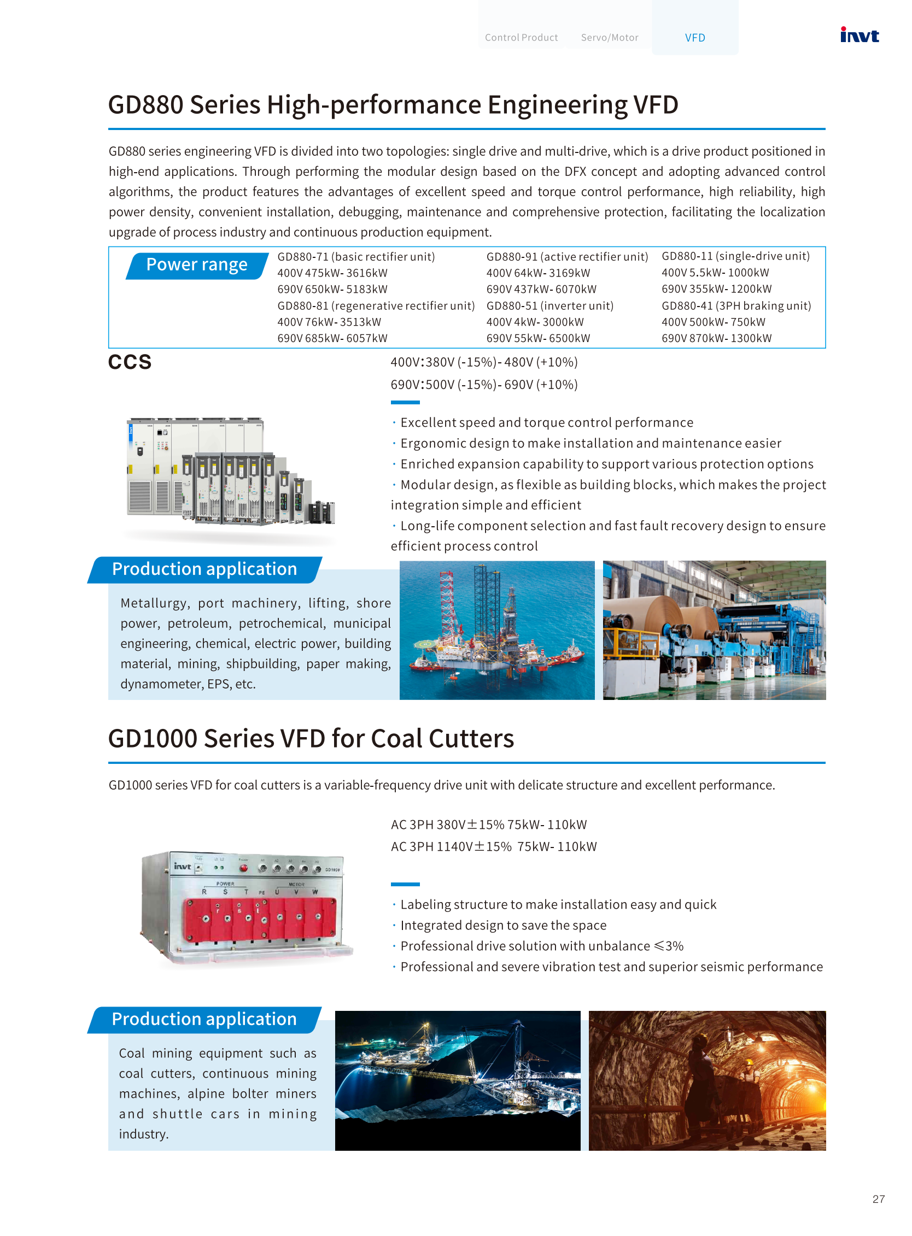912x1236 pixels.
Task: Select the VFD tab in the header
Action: [694, 38]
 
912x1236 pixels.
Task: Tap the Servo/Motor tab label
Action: [610, 38]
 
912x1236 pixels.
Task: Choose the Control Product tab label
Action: [521, 38]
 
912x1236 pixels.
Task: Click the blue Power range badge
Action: [196, 265]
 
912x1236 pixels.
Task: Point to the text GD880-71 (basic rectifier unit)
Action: [356, 257]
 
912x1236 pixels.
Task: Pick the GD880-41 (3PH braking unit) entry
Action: [736, 305]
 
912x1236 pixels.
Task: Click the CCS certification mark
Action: [130, 362]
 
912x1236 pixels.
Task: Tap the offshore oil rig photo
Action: [497, 630]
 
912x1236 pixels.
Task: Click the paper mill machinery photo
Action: [714, 630]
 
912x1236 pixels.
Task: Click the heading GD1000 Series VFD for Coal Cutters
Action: [311, 738]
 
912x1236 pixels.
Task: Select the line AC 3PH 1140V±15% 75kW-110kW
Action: [494, 846]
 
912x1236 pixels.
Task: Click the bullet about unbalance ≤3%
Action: [542, 946]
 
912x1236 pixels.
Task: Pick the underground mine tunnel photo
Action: [707, 1080]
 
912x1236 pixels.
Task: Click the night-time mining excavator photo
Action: [458, 1080]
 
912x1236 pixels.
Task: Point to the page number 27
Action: [878, 1199]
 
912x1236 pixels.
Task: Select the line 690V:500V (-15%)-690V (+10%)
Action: [484, 385]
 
